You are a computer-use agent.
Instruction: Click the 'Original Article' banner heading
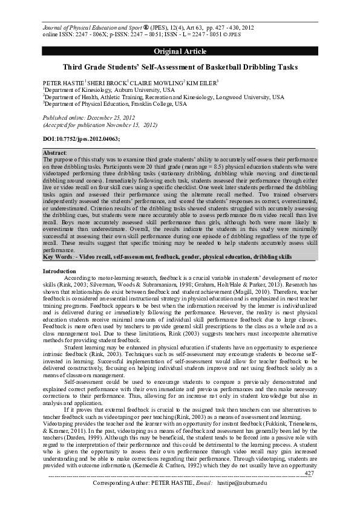pyautogui.click(x=180, y=50)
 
